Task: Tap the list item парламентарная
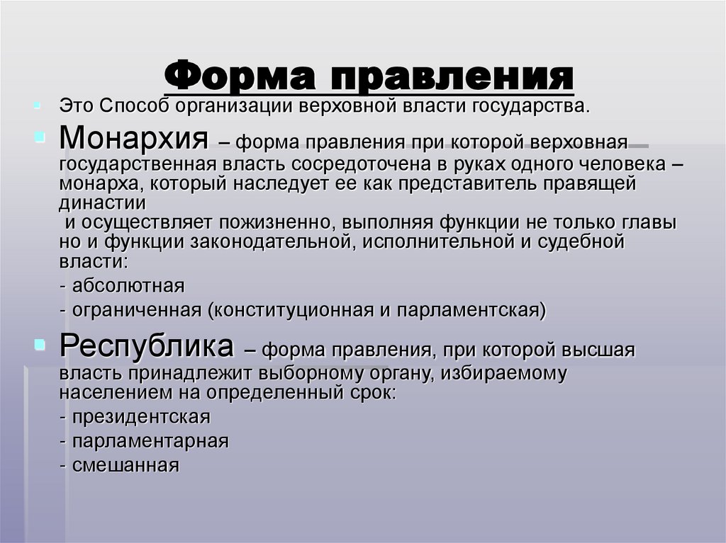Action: (149, 441)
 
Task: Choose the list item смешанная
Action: (124, 465)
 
